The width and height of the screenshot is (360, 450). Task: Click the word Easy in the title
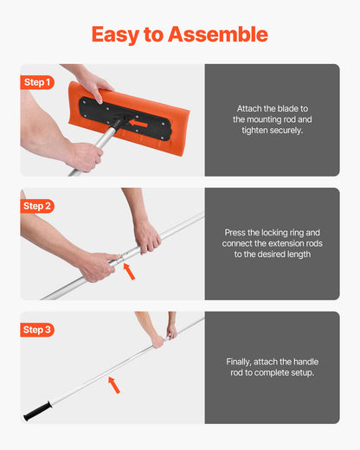[x=115, y=35]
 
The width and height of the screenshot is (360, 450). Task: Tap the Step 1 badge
[x=37, y=82]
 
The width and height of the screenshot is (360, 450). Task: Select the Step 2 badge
[x=37, y=206]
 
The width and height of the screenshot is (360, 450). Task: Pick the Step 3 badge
[x=37, y=330]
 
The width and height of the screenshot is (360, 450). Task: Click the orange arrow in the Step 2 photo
[x=130, y=271]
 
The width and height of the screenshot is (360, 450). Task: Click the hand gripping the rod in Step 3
[x=160, y=338]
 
